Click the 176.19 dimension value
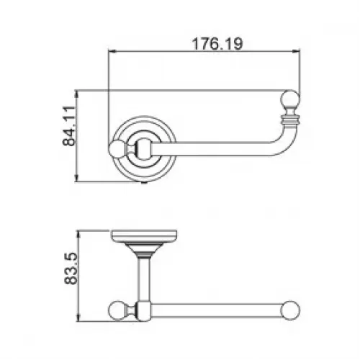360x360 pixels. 217,44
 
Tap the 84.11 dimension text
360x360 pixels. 69,126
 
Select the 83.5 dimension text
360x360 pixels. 71,269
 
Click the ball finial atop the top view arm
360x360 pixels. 290,99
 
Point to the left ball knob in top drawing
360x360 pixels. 117,149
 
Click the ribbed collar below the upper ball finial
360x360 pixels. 290,119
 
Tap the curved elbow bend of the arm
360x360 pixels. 283,142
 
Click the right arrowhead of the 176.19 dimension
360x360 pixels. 296,51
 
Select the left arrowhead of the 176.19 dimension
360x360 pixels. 112,51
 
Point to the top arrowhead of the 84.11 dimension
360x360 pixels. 76,94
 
